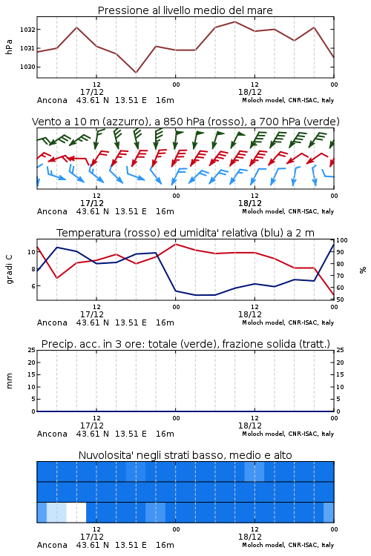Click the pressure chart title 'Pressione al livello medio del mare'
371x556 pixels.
coord(185,10)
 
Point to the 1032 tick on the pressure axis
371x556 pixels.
coord(27,30)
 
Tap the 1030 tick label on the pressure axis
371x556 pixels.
coord(27,67)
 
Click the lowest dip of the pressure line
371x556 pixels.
coord(136,73)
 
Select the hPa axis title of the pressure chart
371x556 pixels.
coord(9,47)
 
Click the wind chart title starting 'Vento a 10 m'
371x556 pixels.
coord(185,122)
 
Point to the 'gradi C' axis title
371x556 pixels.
coord(10,269)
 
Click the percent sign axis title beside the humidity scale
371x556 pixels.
coord(363,270)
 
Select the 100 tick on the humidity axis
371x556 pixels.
coord(342,240)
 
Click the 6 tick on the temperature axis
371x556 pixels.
coord(33,286)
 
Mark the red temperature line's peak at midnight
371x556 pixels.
coord(175,244)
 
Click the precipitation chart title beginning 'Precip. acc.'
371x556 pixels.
coord(185,344)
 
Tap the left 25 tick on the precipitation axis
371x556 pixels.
coord(32,350)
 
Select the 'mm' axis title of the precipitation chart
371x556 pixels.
coord(9,381)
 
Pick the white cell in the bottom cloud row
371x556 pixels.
coord(76,512)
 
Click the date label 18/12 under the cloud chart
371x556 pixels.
coord(250,537)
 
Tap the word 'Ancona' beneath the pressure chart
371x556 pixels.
coord(52,100)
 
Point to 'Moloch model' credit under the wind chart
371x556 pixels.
coord(263,211)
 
